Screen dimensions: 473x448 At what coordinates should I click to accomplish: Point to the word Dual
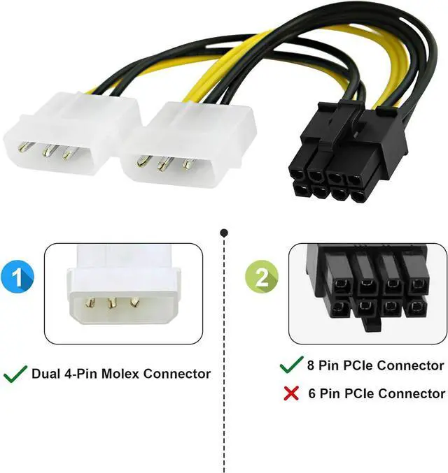tap(47, 374)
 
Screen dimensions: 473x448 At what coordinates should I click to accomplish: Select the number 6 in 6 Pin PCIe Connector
tap(313, 393)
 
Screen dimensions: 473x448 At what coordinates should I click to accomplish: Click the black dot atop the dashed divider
tap(224, 231)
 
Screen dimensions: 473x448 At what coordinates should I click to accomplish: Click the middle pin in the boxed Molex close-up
tap(111, 304)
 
